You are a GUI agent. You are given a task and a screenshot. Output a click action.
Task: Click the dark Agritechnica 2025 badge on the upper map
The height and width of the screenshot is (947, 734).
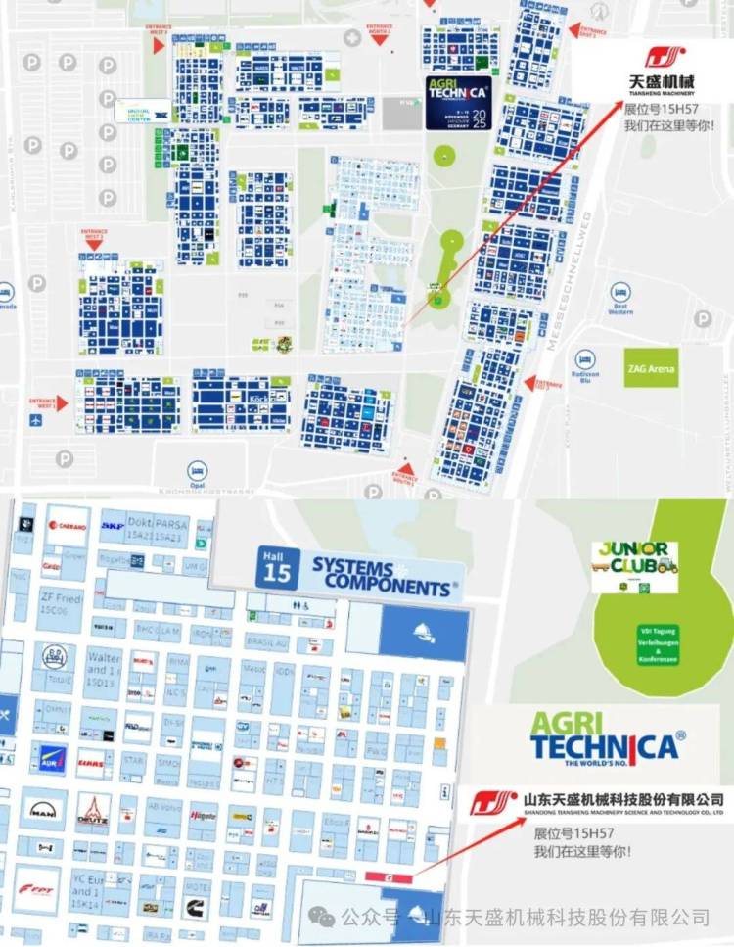(x=458, y=102)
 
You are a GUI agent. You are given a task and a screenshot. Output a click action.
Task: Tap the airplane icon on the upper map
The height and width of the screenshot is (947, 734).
(x=37, y=419)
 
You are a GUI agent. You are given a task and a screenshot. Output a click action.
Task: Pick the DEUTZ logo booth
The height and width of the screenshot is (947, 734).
(x=94, y=810)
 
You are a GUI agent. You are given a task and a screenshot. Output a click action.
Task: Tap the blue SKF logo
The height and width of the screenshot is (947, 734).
(x=112, y=526)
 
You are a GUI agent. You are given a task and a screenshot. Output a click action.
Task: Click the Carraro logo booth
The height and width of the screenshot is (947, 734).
(x=67, y=526)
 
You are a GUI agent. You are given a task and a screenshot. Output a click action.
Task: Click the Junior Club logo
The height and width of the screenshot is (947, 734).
(x=634, y=566)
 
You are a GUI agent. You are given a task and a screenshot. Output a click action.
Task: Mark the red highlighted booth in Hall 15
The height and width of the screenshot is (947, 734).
(x=389, y=877)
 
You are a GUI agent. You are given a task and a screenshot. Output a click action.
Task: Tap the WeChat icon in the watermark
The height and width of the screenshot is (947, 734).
(x=320, y=917)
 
